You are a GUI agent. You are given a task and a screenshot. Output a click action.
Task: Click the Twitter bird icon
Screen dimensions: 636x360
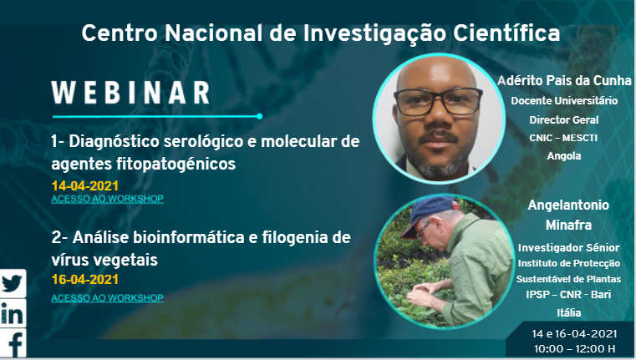[13, 283]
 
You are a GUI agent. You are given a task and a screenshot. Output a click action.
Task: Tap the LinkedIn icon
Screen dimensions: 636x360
[13, 313]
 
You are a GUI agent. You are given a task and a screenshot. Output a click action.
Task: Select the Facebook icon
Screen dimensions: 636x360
[13, 343]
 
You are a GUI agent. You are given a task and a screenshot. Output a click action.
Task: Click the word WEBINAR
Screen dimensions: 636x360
[130, 93]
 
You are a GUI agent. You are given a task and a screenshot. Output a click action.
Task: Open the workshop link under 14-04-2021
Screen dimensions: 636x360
[108, 199]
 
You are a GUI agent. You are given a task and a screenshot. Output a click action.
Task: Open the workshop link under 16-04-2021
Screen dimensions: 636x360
[108, 297]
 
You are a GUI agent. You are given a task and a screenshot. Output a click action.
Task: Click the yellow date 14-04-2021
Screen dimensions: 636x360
[84, 185]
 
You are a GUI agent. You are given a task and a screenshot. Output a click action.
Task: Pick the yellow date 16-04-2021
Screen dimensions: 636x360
[84, 279]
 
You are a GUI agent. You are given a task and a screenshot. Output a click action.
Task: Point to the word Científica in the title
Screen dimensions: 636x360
[506, 33]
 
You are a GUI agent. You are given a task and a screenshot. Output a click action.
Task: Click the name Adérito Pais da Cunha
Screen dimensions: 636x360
[565, 80]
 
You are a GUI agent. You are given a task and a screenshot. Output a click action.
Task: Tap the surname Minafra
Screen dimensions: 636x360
[568, 225]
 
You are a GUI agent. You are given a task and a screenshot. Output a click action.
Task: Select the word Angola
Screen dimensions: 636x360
[564, 155]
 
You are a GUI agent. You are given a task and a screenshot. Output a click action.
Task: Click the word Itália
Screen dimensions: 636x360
[568, 312]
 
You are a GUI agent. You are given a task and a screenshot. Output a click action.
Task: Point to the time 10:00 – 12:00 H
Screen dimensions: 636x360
[574, 348]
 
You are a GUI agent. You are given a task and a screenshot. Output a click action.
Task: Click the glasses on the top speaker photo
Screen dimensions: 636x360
[439, 101]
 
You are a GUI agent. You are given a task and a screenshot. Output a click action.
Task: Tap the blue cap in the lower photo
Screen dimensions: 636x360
[429, 214]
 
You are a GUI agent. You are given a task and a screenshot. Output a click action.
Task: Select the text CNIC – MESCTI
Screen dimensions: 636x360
[563, 138]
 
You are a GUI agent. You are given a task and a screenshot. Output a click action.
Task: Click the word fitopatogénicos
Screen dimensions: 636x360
[176, 164]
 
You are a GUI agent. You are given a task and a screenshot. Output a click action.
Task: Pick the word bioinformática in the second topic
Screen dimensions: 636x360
[190, 237]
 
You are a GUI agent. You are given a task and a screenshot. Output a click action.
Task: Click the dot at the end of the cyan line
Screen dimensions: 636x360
[259, 116]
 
